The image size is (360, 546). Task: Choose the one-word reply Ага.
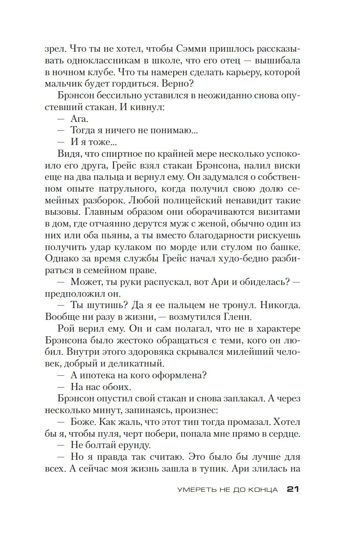coord(79,119)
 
